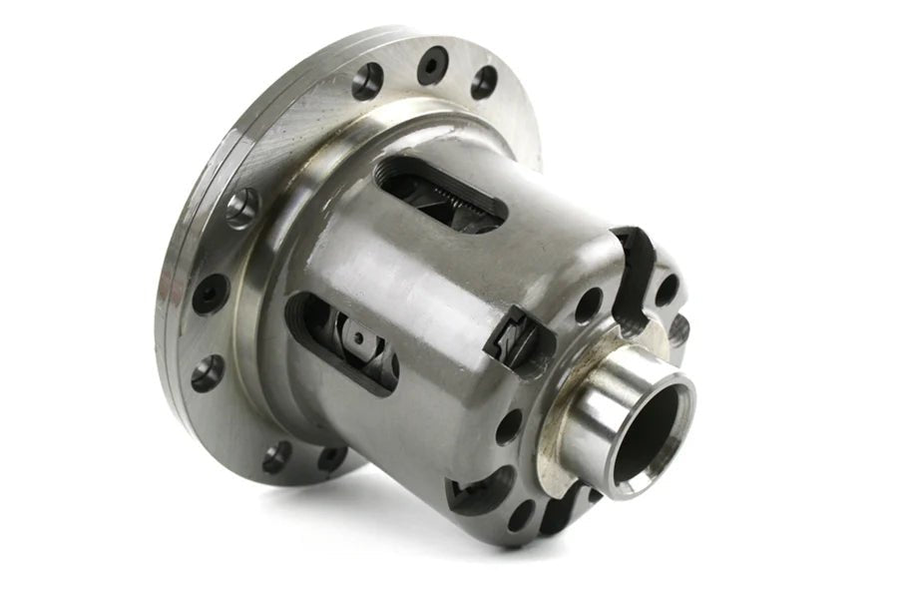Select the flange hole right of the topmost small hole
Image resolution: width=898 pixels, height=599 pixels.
(x=483, y=81)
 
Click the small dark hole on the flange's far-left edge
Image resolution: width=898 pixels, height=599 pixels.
(x=209, y=294)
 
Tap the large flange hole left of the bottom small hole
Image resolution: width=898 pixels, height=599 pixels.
(x=277, y=456)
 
